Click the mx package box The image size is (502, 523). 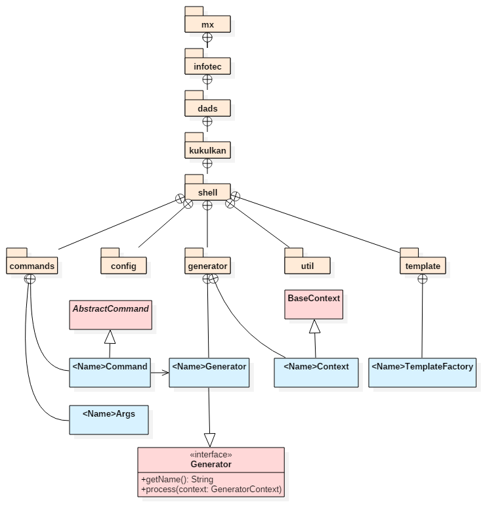(207, 25)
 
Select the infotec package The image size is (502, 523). (207, 67)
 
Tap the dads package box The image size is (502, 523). (207, 109)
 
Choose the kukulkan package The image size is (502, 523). (207, 151)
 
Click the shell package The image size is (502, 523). (207, 193)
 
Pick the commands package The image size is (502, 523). (32, 266)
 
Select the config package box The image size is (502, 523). (123, 266)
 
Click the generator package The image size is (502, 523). (207, 266)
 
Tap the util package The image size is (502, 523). (307, 266)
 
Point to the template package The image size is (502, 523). (422, 266)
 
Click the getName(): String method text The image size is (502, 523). (177, 480)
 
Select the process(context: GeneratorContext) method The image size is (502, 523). (211, 490)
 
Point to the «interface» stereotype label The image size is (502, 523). (211, 455)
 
